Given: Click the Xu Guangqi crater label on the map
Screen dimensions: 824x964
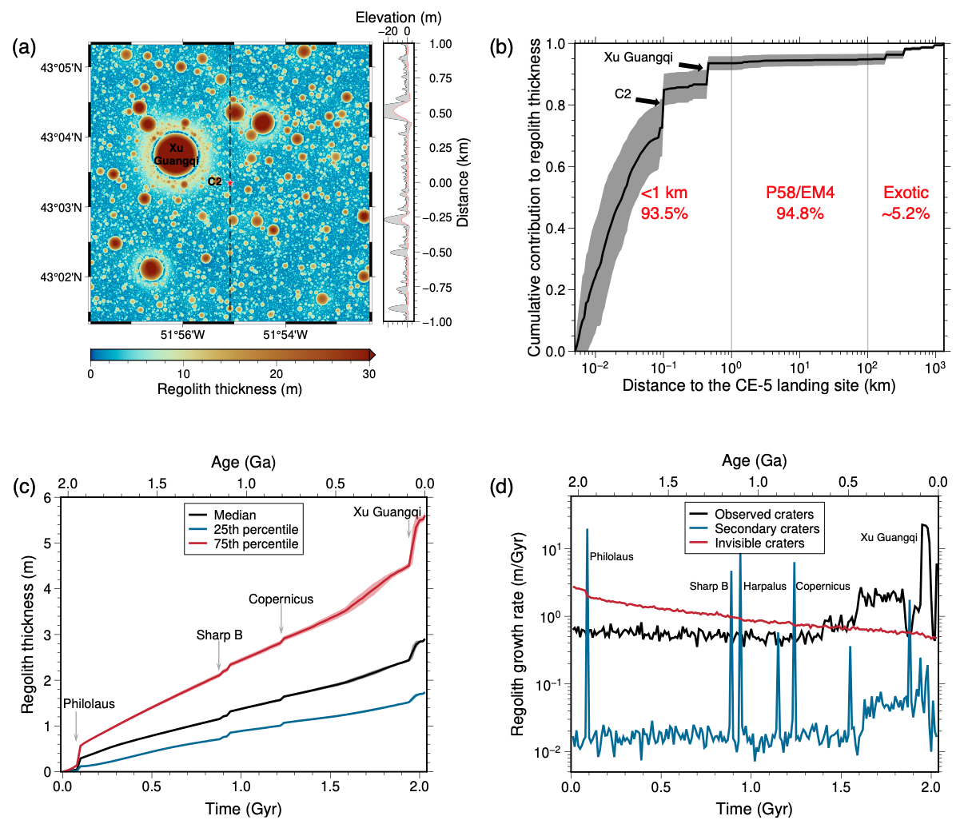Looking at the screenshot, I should [x=176, y=154].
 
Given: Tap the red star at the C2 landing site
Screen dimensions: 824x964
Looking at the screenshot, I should [x=230, y=183].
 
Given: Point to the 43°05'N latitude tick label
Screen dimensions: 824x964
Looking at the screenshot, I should [x=62, y=67].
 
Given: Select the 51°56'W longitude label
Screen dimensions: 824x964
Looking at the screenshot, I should [x=183, y=335].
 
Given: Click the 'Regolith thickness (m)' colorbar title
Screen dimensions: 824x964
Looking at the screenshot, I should [x=229, y=389].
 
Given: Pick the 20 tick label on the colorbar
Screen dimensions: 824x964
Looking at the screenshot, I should [x=277, y=373].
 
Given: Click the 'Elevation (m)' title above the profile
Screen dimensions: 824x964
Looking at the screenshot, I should [x=398, y=17].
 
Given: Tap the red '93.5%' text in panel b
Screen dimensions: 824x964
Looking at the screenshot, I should [x=664, y=213].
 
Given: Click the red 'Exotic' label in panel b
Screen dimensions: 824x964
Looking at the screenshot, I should [x=906, y=193].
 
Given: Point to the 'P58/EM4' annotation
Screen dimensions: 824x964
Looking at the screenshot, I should [x=799, y=193].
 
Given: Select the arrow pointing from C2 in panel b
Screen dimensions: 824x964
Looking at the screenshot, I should [x=647, y=100].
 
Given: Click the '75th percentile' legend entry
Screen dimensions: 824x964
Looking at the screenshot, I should [x=256, y=544].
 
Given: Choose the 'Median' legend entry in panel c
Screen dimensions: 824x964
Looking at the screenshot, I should [x=235, y=515].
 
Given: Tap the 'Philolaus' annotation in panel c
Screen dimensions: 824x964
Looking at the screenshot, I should [x=89, y=704].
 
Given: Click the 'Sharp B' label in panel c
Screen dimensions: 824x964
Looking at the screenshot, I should [x=219, y=635].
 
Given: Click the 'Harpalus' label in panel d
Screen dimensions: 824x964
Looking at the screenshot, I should [x=765, y=586].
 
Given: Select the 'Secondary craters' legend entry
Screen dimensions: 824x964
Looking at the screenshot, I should [x=767, y=529].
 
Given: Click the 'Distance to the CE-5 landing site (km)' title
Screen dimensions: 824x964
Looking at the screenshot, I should [x=759, y=385].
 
